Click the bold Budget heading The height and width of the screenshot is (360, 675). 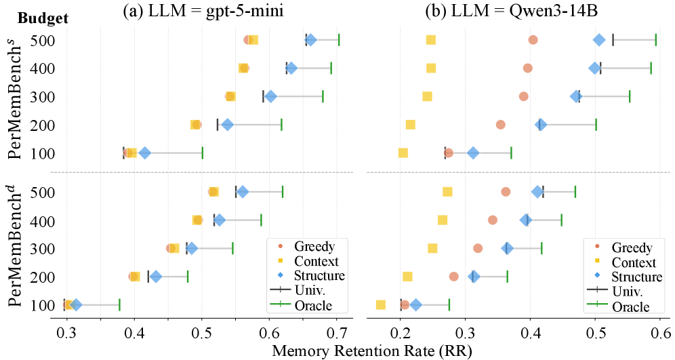tap(43, 18)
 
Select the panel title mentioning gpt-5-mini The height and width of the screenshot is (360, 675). tap(203, 10)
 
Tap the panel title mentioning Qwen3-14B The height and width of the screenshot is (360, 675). tap(512, 10)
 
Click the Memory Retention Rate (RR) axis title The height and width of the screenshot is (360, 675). tap(372, 351)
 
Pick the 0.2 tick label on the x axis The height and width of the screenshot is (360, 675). tap(401, 334)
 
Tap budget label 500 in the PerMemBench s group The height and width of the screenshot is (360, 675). tap(43, 41)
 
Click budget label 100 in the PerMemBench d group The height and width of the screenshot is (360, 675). tap(43, 305)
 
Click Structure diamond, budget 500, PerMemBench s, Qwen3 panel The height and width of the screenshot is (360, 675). tap(599, 40)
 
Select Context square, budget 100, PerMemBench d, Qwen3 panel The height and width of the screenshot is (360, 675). tap(381, 305)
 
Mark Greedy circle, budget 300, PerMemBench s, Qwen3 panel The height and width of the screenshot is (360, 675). tap(523, 96)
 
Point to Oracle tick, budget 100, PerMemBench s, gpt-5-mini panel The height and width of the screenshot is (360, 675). tap(203, 153)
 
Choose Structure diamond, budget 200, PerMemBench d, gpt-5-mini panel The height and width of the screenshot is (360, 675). tap(156, 277)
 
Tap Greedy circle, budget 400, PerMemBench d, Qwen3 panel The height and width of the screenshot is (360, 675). tap(493, 220)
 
